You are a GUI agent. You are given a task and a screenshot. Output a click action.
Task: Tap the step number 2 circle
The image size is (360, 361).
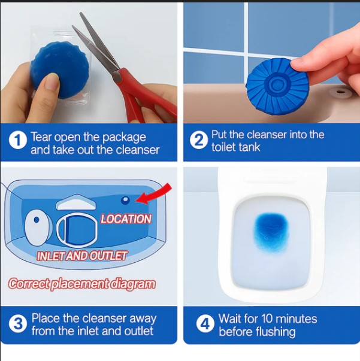198,141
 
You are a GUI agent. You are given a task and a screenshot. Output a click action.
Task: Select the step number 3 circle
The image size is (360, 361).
18,324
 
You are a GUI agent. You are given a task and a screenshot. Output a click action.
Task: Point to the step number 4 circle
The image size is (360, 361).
205,324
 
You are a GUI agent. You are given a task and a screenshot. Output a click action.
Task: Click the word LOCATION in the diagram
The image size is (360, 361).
126,219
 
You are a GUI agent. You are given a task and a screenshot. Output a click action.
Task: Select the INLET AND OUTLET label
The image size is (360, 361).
82,256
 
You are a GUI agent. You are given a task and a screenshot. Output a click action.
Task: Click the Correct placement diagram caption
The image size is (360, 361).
82,284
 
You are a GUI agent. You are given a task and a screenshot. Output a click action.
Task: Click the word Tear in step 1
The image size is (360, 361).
43,137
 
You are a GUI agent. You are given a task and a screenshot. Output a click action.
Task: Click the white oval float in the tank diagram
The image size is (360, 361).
37,225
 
